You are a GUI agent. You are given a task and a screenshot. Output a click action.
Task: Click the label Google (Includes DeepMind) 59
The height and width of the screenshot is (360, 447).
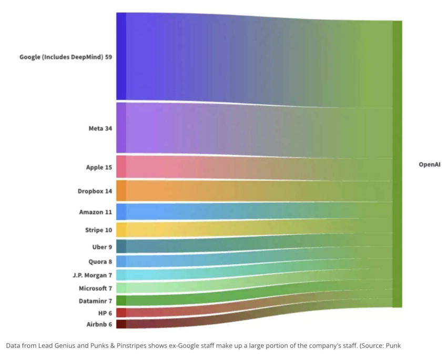(66, 56)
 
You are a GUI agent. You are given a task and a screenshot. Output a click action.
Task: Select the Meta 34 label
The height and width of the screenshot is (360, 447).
(100, 128)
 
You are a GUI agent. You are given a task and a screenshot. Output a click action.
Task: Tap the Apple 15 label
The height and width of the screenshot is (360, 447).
(99, 167)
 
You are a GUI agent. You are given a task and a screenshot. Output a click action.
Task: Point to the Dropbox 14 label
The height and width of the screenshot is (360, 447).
(95, 191)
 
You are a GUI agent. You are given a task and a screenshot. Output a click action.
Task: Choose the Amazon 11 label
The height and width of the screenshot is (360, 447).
(96, 212)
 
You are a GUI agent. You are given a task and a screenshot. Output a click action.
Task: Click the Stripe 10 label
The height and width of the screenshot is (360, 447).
(98, 230)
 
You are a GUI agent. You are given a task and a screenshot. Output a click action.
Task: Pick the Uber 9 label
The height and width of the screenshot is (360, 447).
(102, 246)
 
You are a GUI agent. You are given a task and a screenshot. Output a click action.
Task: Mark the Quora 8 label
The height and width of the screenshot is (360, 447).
(100, 261)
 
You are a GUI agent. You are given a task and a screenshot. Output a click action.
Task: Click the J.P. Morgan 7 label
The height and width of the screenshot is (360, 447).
(92, 275)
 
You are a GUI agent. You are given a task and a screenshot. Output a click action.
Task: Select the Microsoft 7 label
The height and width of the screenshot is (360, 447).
(95, 288)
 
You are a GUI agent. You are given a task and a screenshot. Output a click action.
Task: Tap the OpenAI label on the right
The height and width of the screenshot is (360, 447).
(429, 165)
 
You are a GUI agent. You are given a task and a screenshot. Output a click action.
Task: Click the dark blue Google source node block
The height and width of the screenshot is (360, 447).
(121, 56)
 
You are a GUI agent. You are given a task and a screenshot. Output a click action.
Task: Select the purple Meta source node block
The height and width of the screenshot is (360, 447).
(121, 128)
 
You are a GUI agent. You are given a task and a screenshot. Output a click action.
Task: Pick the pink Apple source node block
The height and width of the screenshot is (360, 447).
(121, 167)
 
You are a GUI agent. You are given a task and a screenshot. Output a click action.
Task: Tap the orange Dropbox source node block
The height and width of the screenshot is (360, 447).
(121, 191)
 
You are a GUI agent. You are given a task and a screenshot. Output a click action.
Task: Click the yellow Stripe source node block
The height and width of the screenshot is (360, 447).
(121, 229)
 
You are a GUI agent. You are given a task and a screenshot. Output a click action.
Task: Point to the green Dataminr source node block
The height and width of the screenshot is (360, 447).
(121, 301)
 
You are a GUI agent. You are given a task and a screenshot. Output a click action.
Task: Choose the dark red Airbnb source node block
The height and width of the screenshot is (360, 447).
(121, 324)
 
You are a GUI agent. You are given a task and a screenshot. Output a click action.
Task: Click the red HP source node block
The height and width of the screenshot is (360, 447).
(121, 313)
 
